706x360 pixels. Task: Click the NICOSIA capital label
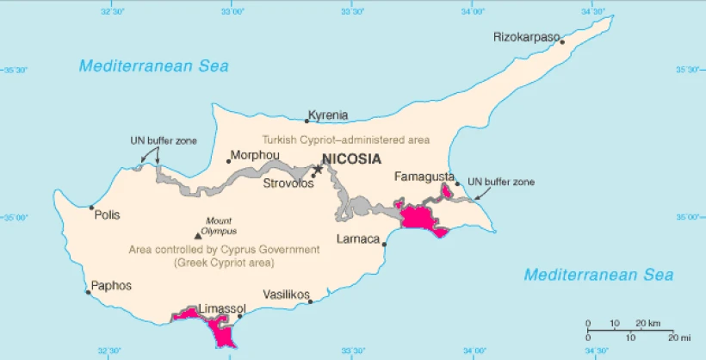click(x=350, y=159)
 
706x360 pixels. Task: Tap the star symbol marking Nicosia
click(x=318, y=170)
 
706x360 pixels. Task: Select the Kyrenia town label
click(x=329, y=115)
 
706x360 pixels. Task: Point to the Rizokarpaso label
click(x=526, y=37)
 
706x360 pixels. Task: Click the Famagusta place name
click(x=424, y=177)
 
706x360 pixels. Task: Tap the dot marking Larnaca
click(x=384, y=245)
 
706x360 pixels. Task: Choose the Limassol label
click(x=222, y=308)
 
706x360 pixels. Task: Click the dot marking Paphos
click(x=89, y=292)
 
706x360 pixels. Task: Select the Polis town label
click(x=108, y=215)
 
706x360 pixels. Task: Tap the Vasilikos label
click(x=286, y=295)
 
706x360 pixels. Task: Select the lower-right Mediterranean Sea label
click(x=598, y=276)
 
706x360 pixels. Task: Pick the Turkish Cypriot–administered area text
click(x=346, y=140)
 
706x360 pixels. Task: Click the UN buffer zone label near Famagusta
click(x=501, y=183)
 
